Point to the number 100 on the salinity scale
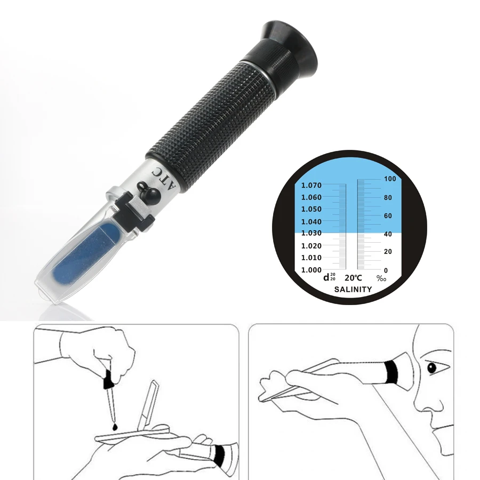(x=389, y=180)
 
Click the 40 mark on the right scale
(x=388, y=234)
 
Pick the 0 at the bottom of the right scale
(x=386, y=270)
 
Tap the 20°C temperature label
(x=353, y=278)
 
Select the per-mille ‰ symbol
(x=381, y=278)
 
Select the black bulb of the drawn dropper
(x=108, y=381)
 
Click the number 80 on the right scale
(x=388, y=198)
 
